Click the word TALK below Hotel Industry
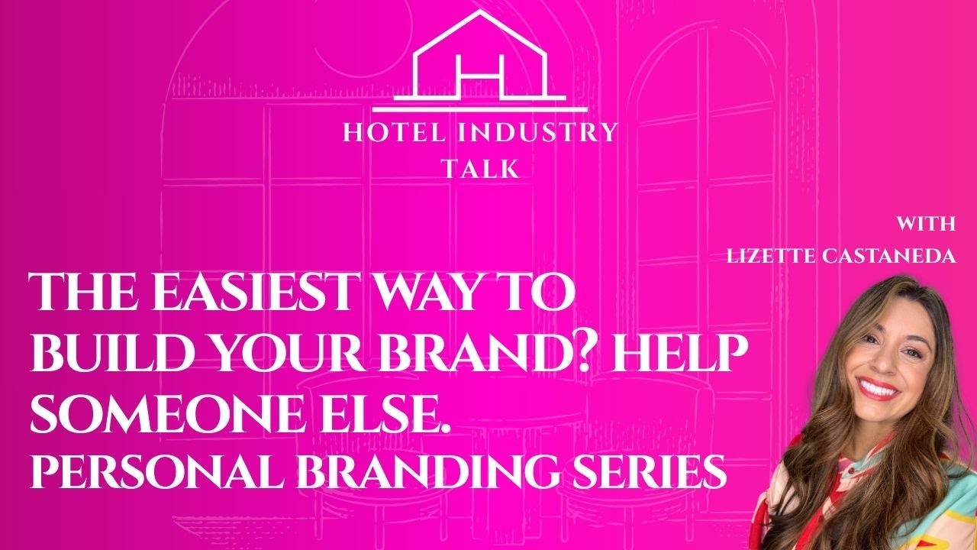coord(480,169)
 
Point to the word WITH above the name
coord(925,225)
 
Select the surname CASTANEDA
coord(893,257)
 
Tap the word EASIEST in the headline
coord(252,293)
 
